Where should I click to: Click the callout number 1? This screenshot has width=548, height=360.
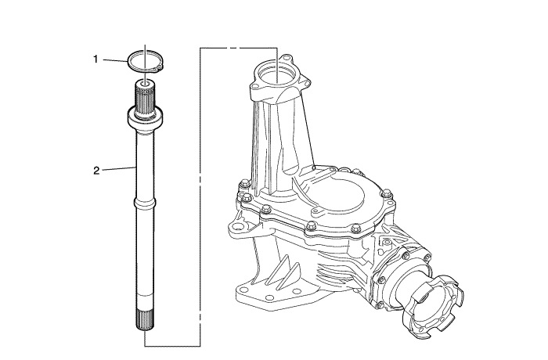coord(96,59)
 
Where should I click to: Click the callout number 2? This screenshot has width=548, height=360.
coord(96,171)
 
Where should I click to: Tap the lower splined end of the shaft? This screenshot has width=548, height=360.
coord(145,320)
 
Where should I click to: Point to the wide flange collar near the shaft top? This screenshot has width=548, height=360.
coord(145,120)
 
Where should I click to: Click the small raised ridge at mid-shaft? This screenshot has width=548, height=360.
coord(145,203)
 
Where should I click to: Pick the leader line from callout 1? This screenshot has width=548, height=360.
coord(115,60)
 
